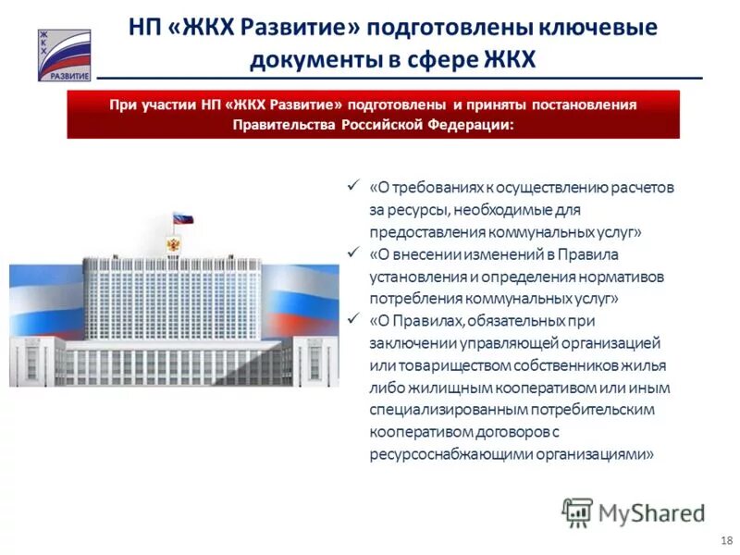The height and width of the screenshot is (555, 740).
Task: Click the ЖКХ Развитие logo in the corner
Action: coord(64,55)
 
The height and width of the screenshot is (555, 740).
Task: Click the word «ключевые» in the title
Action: coord(605,29)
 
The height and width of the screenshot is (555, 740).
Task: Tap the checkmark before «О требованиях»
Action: coord(351,185)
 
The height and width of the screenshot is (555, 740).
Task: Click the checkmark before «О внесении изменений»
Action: coord(351,252)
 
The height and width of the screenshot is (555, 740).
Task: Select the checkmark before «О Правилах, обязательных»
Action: coord(351,318)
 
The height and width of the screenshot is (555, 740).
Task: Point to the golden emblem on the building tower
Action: coord(172,244)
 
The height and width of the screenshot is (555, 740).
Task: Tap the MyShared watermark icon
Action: coord(577,512)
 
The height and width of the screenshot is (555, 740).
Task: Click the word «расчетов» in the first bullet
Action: coord(643,187)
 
